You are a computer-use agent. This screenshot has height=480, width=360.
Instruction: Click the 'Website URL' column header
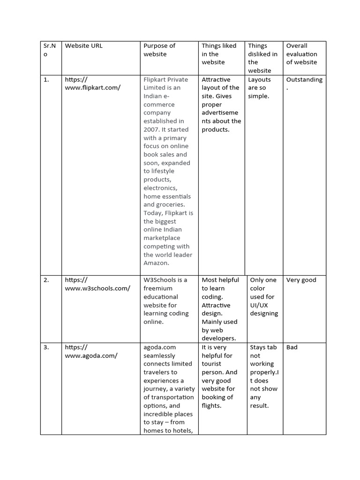tap(83, 46)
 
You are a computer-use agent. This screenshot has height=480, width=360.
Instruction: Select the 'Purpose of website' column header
tap(159, 50)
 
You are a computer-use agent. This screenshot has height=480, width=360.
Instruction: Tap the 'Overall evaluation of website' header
tap(301, 54)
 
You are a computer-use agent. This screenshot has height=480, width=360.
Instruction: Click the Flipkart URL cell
tap(93, 84)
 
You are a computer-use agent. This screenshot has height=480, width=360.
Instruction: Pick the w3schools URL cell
tap(97, 284)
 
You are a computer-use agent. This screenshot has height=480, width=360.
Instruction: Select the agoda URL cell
tap(91, 352)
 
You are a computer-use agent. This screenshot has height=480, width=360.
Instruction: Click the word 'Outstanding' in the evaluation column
tap(304, 80)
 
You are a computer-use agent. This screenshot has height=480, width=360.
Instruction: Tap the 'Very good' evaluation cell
tap(301, 280)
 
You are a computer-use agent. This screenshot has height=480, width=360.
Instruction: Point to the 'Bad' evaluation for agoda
tap(292, 347)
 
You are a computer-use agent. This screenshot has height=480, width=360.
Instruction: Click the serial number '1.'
tap(46, 80)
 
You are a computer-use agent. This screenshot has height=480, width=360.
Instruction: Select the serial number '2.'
tap(46, 280)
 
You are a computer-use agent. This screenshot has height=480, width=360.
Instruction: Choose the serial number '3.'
tap(46, 347)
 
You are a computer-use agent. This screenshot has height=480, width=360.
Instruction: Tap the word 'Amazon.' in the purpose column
tap(156, 263)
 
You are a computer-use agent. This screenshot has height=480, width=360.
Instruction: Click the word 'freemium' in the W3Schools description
tap(158, 288)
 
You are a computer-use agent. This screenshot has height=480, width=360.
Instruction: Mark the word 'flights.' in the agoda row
tap(211, 405)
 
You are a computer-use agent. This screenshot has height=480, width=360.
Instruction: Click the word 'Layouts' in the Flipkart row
tap(259, 80)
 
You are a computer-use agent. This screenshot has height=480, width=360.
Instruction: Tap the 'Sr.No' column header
tap(49, 50)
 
